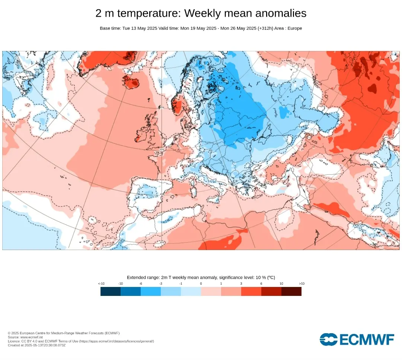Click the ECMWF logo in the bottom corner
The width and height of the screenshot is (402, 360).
[357, 340]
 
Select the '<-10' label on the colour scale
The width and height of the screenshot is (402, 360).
[101, 284]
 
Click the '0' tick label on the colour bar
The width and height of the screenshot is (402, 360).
[201, 284]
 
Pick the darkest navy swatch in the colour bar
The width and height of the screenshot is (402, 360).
[111, 291]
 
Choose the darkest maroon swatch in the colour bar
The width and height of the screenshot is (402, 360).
[291, 291]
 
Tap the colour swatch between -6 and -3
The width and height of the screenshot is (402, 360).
[151, 291]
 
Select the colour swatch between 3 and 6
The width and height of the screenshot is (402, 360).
[251, 291]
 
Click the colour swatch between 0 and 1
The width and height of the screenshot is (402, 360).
[211, 291]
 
